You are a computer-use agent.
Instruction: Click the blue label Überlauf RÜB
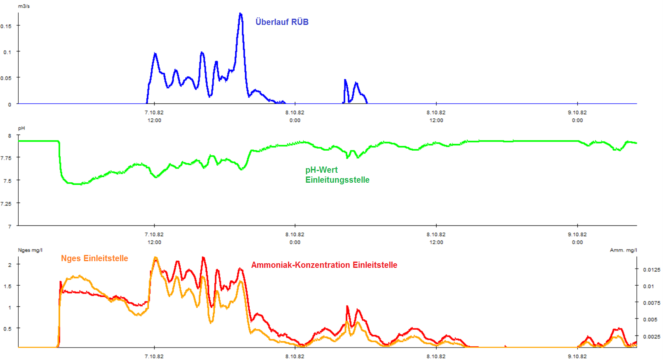pyautogui.click(x=282, y=22)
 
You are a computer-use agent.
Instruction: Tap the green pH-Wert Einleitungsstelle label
pyautogui.click(x=337, y=175)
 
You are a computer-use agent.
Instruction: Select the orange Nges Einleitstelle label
pyautogui.click(x=94, y=258)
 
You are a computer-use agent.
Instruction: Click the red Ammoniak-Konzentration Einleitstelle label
pyautogui.click(x=324, y=265)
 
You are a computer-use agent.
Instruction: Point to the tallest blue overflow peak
pyautogui.click(x=241, y=14)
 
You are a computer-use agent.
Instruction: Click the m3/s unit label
pyautogui.click(x=24, y=6)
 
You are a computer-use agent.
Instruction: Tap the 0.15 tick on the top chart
pyautogui.click(x=6, y=26)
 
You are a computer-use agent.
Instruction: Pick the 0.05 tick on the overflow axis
pyautogui.click(x=6, y=78)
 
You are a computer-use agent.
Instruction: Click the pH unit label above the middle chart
pyautogui.click(x=21, y=128)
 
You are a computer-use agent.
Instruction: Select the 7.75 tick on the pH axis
pyautogui.click(x=6, y=158)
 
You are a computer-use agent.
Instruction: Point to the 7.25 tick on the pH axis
pyautogui.click(x=6, y=203)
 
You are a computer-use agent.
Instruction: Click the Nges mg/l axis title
pyautogui.click(x=30, y=250)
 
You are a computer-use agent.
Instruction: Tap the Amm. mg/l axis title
pyautogui.click(x=623, y=250)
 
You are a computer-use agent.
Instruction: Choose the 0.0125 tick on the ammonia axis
pyautogui.click(x=651, y=269)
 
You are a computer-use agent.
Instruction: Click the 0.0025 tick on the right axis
pyautogui.click(x=651, y=336)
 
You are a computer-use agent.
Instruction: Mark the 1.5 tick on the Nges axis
pyautogui.click(x=7, y=286)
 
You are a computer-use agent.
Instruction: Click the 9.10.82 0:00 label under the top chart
pyautogui.click(x=577, y=116)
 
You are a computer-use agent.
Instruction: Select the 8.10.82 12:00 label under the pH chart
pyautogui.click(x=436, y=238)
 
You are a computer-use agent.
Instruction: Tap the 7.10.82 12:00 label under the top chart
pyautogui.click(x=154, y=116)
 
